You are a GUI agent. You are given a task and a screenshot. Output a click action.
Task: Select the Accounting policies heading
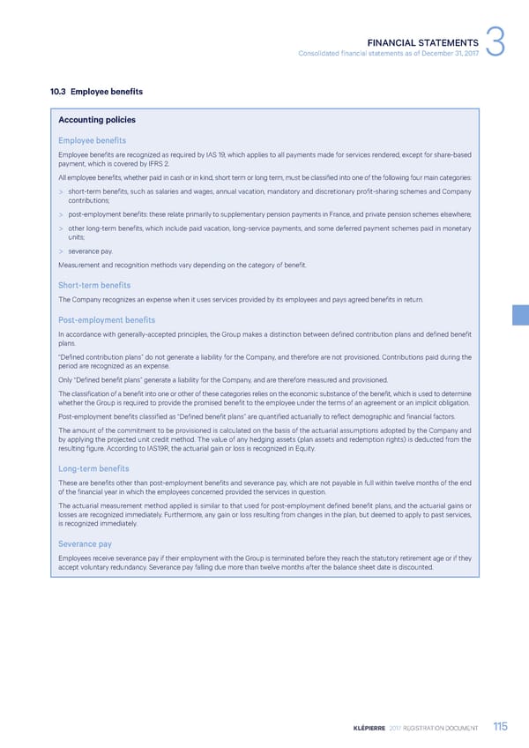point(97,120)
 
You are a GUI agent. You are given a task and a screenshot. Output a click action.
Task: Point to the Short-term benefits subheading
point(94,285)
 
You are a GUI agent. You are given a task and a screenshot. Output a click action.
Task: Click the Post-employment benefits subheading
point(106,319)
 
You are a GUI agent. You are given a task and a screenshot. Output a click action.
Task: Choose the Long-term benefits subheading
point(93,468)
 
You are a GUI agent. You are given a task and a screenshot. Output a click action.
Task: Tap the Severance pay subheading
point(85,544)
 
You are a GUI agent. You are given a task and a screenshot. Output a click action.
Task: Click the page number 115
point(501,728)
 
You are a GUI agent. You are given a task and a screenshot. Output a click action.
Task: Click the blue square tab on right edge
point(520,316)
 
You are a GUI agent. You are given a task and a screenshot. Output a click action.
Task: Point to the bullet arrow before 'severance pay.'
point(61,251)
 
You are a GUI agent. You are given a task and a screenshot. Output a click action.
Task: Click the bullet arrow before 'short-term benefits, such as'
point(61,190)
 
